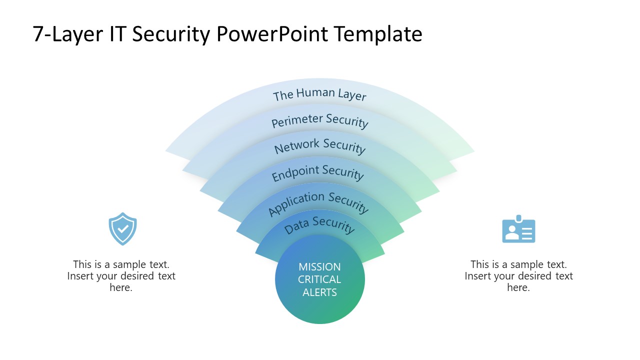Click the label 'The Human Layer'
(x=319, y=94)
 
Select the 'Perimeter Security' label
(x=319, y=121)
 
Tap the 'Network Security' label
(x=319, y=146)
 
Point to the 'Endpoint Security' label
(x=317, y=172)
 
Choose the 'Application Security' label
(x=318, y=202)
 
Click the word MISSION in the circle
(x=319, y=266)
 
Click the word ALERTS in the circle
(x=319, y=292)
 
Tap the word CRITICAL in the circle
(x=319, y=279)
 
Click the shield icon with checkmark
(x=122, y=229)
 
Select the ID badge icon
(x=518, y=230)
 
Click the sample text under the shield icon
(x=121, y=276)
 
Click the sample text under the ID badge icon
(x=518, y=276)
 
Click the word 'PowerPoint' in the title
(x=273, y=34)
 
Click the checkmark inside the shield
(x=123, y=229)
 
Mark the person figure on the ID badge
(x=511, y=232)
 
